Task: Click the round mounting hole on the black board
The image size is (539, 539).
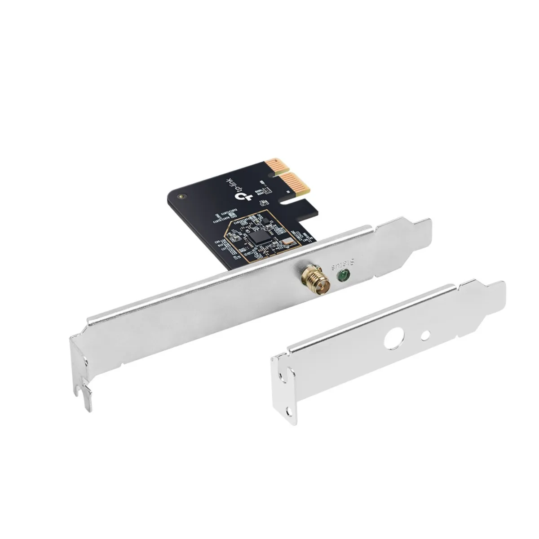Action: point(181,196)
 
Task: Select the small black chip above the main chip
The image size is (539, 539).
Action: point(265,221)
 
